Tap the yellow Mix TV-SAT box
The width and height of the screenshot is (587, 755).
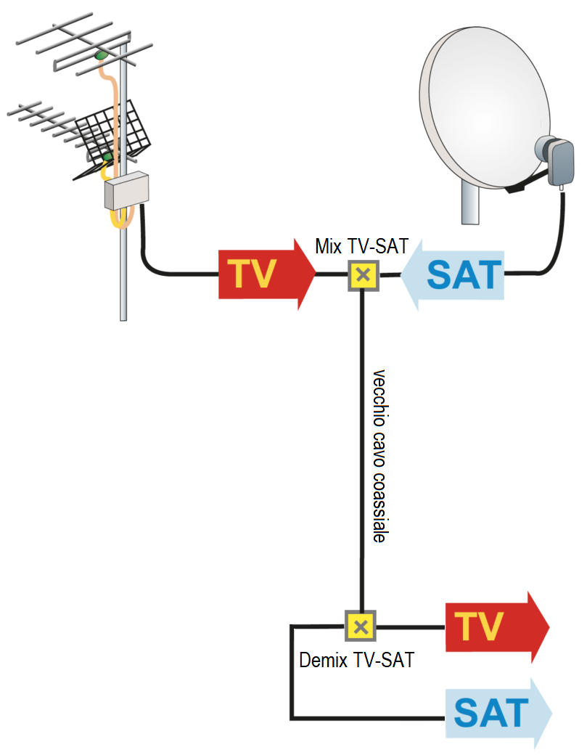pyautogui.click(x=364, y=276)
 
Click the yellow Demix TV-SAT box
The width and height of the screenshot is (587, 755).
pyautogui.click(x=361, y=626)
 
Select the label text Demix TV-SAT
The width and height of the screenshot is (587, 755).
pyautogui.click(x=356, y=660)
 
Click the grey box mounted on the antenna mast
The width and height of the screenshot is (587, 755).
pyautogui.click(x=127, y=190)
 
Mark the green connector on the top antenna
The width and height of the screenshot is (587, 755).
pyautogui.click(x=101, y=54)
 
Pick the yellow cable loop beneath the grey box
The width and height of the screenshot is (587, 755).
pyautogui.click(x=120, y=219)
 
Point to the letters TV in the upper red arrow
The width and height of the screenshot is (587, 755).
pyautogui.click(x=253, y=275)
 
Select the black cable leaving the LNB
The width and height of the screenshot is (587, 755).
pyautogui.click(x=562, y=232)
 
